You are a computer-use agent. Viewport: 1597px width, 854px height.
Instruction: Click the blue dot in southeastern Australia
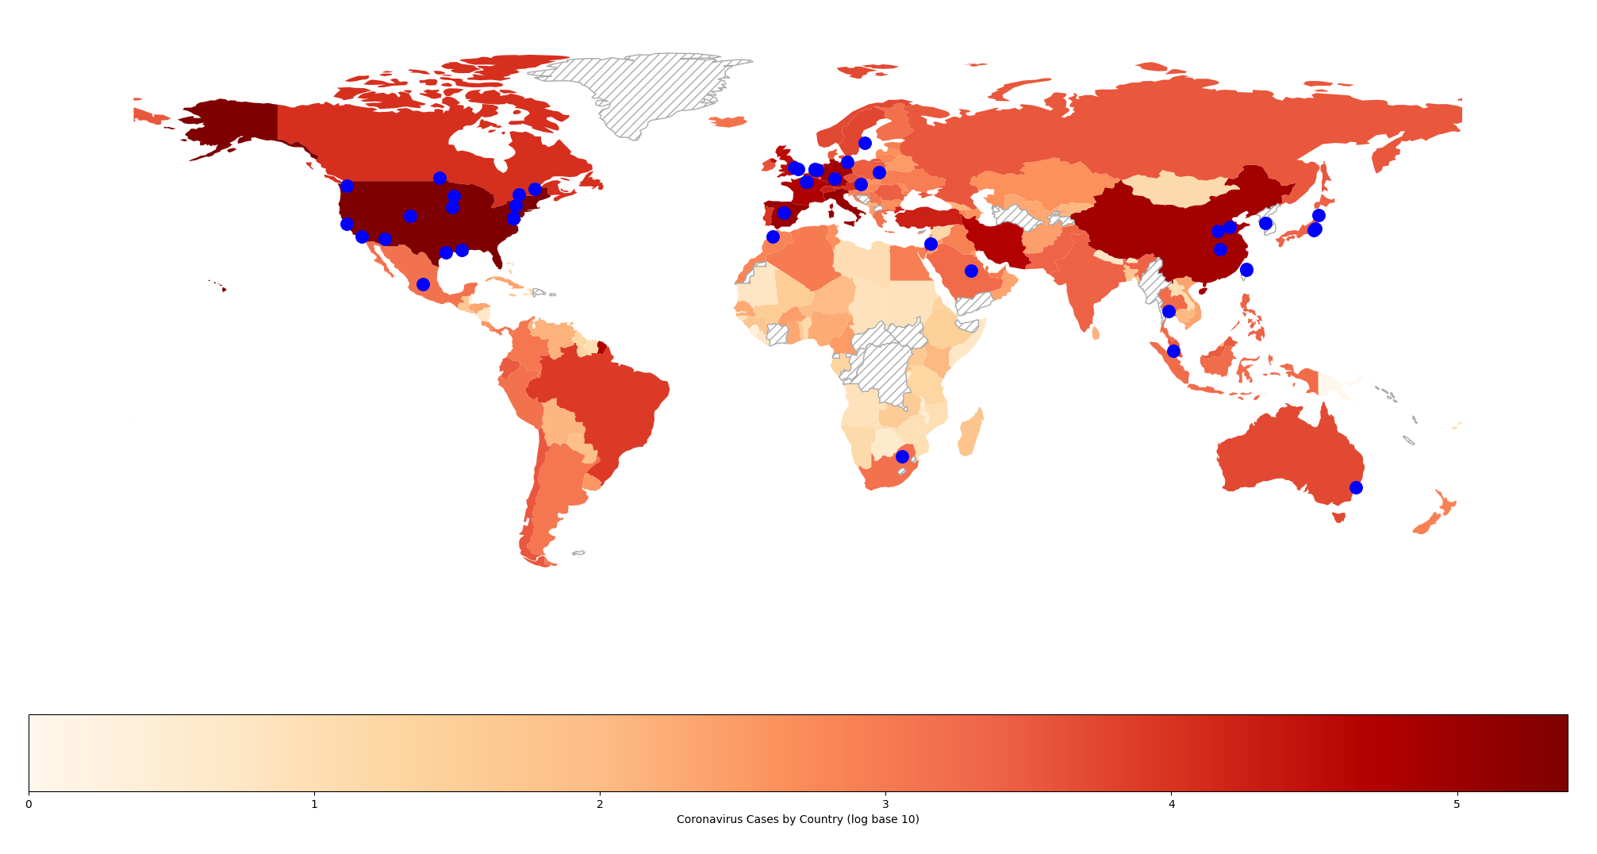[1356, 487]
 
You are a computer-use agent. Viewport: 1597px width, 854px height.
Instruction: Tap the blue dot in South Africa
[902, 456]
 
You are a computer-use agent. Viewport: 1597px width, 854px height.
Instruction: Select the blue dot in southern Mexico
[423, 284]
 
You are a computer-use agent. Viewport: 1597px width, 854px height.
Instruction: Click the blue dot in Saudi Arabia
[971, 271]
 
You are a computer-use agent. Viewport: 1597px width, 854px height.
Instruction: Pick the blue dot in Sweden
[865, 143]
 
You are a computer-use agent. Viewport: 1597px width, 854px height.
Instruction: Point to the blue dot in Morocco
[773, 237]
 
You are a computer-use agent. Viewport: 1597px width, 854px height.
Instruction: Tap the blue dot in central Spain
[784, 213]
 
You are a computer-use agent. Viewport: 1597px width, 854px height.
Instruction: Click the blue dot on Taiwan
[1246, 270]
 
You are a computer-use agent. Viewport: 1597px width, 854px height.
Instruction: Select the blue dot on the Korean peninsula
[1265, 223]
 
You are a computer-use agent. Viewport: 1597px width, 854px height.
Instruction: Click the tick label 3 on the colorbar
[885, 804]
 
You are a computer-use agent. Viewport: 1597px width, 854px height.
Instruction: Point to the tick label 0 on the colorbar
[29, 804]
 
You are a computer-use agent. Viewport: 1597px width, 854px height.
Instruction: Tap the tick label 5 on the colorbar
[1457, 804]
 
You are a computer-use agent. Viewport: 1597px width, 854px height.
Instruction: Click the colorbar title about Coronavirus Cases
[797, 819]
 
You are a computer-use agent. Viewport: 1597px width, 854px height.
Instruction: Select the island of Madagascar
[970, 433]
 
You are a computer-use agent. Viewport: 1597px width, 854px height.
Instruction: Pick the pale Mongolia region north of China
[1174, 190]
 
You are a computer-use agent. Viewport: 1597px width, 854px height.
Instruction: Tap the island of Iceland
[727, 121]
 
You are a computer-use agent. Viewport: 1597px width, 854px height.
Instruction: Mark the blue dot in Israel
[931, 244]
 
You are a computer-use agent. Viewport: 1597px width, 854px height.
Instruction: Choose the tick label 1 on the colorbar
[314, 804]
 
